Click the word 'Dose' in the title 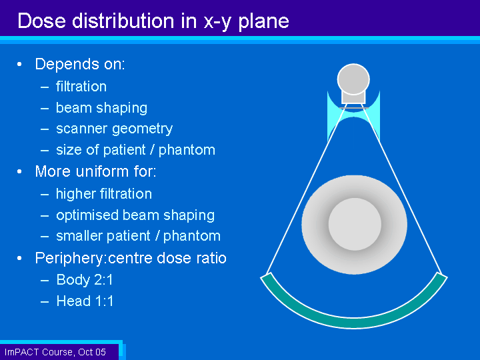coord(41,21)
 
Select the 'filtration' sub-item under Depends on coord(81,86)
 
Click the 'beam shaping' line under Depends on coord(101,108)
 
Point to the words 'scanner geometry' coord(114,129)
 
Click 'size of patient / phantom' coord(135,150)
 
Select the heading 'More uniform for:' coord(95,171)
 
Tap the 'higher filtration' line coord(104,194)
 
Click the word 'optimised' coord(87,215)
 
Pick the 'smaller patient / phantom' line coord(139,236)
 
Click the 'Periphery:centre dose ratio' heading coord(131,258)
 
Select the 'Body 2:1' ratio coord(85,279)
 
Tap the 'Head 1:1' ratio coord(85,301)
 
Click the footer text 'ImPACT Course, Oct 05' coord(55,352)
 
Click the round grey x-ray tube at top coord(353,79)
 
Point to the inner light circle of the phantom coord(355,224)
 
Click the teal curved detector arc coord(354,322)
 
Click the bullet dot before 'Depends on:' coord(19,64)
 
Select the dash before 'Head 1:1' coord(45,301)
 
